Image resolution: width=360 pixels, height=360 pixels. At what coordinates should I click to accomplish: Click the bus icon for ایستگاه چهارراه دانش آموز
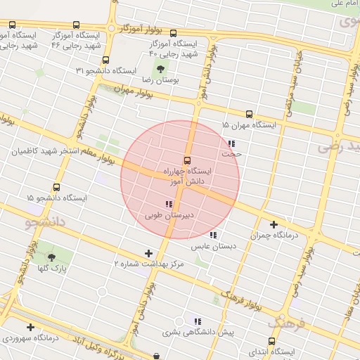pos(187,160)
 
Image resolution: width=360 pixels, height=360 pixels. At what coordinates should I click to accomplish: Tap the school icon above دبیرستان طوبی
pos(168,204)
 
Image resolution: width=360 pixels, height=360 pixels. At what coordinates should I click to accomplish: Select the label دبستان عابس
pos(214,246)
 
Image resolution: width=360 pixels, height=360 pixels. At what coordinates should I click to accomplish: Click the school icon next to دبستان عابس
pos(213,235)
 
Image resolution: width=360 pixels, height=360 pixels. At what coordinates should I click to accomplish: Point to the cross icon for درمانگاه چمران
pos(274,224)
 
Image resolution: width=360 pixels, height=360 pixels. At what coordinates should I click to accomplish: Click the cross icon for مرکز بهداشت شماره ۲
pos(148,253)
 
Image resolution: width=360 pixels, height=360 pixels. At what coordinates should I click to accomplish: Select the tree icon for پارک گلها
pos(51,257)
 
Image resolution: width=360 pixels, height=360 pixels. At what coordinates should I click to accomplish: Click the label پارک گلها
pos(50,269)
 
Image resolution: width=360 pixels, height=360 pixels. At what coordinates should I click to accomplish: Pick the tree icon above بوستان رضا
pos(161,69)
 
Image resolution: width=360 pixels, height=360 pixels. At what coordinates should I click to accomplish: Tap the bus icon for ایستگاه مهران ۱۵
pos(249,114)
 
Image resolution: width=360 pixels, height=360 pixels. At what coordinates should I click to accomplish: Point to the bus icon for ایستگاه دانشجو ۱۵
pos(56,188)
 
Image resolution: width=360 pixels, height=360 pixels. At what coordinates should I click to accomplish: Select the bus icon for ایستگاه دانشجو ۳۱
pos(105,60)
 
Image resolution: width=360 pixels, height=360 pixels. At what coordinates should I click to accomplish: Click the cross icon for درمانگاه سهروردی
pos(30,327)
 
